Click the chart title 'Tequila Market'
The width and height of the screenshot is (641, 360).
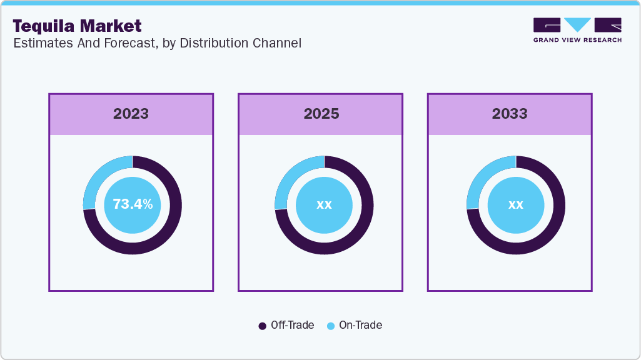[x=77, y=26]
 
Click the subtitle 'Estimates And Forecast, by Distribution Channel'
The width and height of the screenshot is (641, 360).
[x=157, y=43]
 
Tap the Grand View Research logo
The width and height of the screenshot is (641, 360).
[x=577, y=25]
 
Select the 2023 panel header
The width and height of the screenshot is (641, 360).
[x=131, y=114]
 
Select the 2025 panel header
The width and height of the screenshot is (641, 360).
[x=321, y=114]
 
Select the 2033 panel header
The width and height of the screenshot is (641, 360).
[x=510, y=114]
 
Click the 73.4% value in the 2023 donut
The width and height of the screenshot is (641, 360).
[x=132, y=204]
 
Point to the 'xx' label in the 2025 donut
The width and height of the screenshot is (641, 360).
[x=324, y=204]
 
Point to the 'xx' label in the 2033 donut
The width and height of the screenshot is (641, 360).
[x=515, y=204]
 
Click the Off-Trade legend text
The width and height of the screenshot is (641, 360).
[x=292, y=325]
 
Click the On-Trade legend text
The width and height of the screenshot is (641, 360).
[x=360, y=325]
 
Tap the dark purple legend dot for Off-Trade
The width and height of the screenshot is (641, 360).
[x=263, y=326]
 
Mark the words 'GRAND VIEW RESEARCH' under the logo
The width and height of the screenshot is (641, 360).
[x=577, y=40]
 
